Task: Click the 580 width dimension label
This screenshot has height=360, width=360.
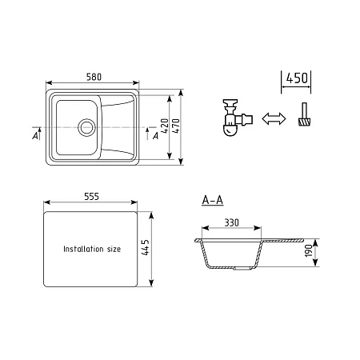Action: click(x=94, y=77)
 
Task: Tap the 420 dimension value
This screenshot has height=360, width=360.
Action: click(x=166, y=126)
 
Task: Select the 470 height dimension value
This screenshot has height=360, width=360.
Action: click(x=177, y=126)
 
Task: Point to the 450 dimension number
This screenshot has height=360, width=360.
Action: click(x=297, y=78)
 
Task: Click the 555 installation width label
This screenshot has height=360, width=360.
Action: click(x=91, y=197)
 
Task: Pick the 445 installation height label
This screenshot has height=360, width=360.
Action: click(x=146, y=247)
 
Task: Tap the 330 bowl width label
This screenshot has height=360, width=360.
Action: click(x=231, y=222)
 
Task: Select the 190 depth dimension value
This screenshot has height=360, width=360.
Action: click(x=309, y=250)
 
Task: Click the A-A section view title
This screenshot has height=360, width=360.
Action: click(x=213, y=200)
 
